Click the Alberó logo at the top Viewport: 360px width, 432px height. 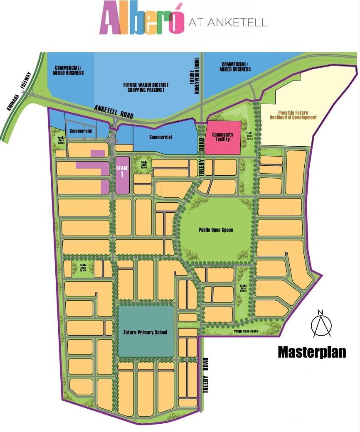coord(141,21)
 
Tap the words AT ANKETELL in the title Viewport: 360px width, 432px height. coord(227,22)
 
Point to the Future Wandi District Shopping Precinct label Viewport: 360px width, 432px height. coord(144,87)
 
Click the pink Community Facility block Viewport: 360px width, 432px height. coord(223,137)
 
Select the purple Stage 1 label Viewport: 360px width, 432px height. coord(122,172)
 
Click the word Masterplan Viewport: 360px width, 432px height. coord(312,352)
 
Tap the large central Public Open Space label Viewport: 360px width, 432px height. coord(216,230)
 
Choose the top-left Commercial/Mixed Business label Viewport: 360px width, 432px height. coord(69,70)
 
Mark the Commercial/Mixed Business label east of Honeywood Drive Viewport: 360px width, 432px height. coord(235,67)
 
